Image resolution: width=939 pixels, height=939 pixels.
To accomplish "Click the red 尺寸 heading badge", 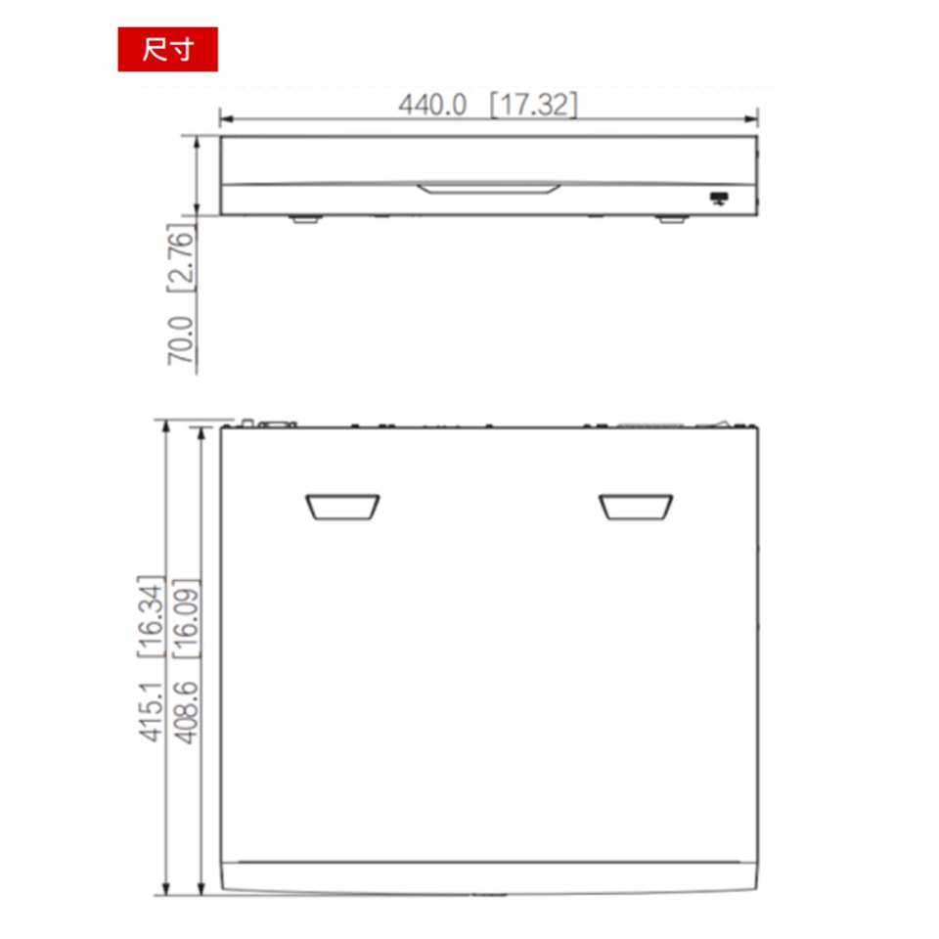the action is coord(167,49).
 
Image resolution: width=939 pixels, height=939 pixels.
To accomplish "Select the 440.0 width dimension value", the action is coord(432,105).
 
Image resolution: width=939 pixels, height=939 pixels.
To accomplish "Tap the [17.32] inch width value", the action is coord(534,105).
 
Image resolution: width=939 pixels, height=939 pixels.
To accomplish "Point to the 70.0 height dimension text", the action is coord(181,340).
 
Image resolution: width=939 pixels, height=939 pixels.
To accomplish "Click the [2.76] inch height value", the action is coord(181,258).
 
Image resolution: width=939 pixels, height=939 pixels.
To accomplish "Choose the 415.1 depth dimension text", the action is coord(151,711).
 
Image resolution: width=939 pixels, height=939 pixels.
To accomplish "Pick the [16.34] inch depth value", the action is coord(151,617).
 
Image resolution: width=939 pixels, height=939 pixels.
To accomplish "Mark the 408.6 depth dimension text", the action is coord(186,713).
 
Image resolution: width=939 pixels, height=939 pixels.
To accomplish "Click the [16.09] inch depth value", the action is coord(186,618).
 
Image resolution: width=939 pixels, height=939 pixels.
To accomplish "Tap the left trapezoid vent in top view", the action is coord(342,508).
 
